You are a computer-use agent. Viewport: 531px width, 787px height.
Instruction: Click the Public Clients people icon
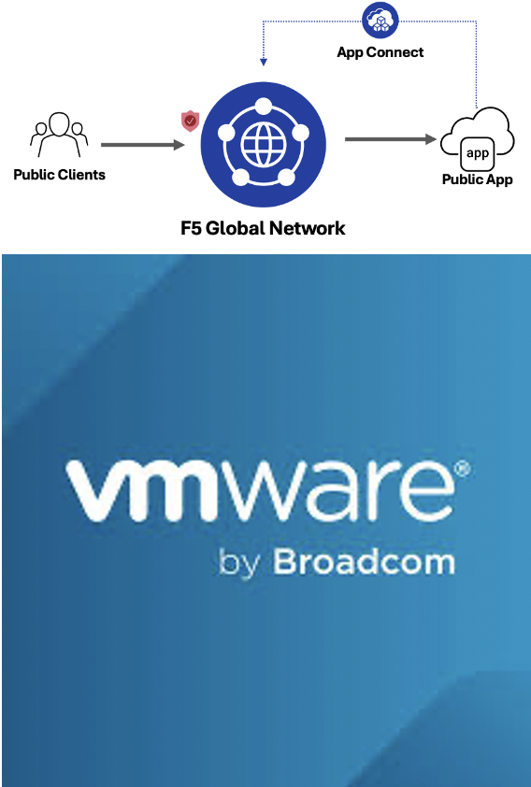point(59,135)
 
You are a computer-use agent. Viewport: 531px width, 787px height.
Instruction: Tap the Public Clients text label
point(59,175)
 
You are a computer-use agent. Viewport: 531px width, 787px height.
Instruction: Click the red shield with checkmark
point(190,121)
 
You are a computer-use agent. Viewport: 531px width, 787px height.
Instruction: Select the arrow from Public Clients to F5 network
point(143,145)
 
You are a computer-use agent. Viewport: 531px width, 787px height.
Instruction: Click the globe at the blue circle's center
point(263,145)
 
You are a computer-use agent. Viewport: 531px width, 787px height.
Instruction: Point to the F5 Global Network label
point(263,228)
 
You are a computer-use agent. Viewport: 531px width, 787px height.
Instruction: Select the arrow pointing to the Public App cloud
point(391,139)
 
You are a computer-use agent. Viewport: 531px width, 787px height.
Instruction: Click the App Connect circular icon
point(380,20)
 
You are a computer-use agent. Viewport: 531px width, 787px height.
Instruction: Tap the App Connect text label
point(380,52)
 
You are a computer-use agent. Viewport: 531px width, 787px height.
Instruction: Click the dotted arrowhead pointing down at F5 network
point(263,62)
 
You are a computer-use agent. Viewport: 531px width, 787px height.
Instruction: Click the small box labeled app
point(478,153)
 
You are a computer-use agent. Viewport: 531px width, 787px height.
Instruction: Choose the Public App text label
point(478,179)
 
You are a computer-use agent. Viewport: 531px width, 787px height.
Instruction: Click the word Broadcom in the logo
point(365,562)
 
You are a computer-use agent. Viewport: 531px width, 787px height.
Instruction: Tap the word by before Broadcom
point(239,564)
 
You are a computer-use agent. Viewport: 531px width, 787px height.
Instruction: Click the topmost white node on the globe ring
point(263,106)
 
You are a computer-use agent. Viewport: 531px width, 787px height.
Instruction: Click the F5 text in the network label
point(191,228)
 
